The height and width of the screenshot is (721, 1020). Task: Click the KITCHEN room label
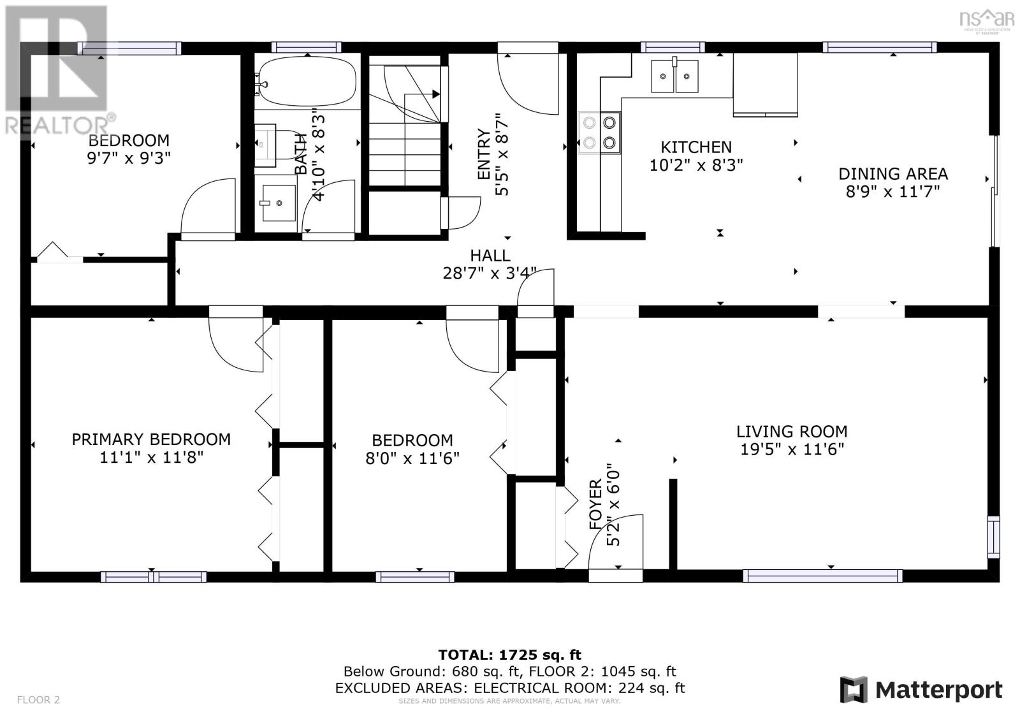pyautogui.click(x=696, y=147)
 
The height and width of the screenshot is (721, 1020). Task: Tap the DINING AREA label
pyautogui.click(x=892, y=174)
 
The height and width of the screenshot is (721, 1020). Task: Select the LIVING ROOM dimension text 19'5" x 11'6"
pyautogui.click(x=792, y=449)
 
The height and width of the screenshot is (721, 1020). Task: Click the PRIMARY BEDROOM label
pyautogui.click(x=151, y=439)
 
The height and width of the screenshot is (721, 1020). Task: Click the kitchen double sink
pyautogui.click(x=674, y=76)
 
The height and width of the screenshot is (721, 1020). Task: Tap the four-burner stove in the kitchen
pyautogui.click(x=599, y=133)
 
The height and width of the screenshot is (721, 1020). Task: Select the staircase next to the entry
pyautogui.click(x=405, y=121)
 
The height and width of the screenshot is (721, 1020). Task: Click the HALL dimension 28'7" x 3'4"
pyautogui.click(x=490, y=273)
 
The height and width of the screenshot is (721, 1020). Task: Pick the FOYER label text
pyautogui.click(x=595, y=505)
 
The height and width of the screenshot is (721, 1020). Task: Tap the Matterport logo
pyautogui.click(x=921, y=690)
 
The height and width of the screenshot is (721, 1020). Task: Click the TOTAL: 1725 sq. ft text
pyautogui.click(x=509, y=655)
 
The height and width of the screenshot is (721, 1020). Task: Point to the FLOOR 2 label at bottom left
pyautogui.click(x=38, y=700)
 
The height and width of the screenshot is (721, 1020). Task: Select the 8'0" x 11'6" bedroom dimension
pyautogui.click(x=412, y=458)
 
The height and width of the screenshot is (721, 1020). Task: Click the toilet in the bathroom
pyautogui.click(x=266, y=145)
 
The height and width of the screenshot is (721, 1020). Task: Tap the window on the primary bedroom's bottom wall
pyautogui.click(x=153, y=577)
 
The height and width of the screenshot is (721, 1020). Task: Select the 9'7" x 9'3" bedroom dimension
pyautogui.click(x=129, y=158)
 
